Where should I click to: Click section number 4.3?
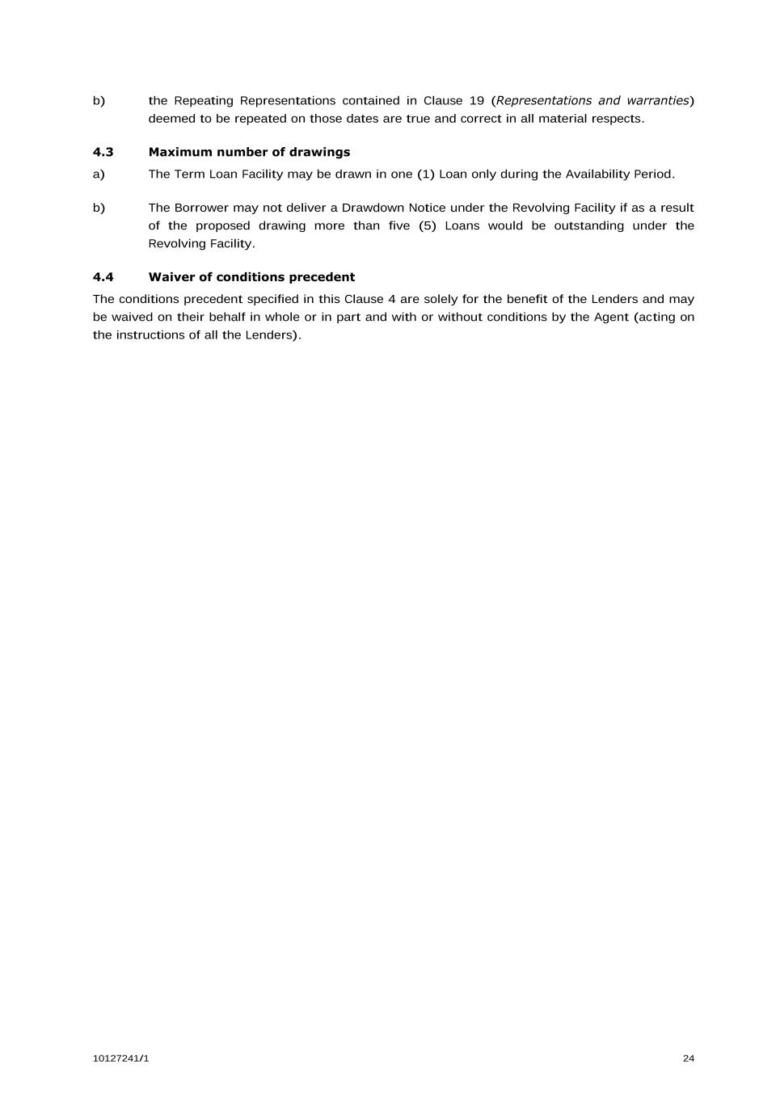103,152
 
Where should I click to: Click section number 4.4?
103,277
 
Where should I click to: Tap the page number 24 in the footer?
688,1059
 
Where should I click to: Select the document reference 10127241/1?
120,1059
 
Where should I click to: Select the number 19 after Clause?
476,101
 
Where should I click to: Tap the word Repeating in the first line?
203,101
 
